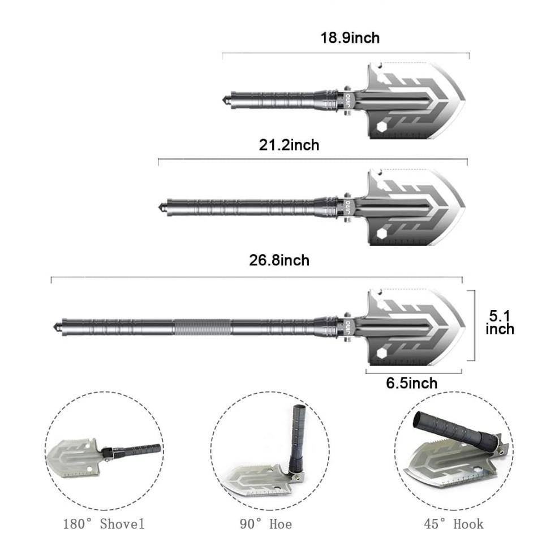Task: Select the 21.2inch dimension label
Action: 289,145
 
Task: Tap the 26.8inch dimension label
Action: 279,260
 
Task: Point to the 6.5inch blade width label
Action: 411,383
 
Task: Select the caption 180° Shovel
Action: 104,523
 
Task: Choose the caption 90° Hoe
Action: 265,524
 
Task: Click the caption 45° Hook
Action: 453,523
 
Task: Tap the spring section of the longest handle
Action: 202,326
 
